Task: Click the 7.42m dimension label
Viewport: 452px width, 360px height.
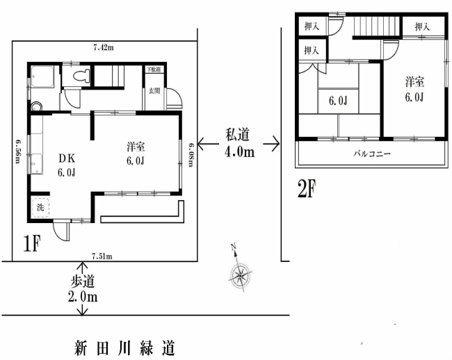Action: pos(104,47)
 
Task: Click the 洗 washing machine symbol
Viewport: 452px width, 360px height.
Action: pos(39,207)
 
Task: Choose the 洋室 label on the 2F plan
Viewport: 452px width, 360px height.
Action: pos(415,88)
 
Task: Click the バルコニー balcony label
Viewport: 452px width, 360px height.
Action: pos(373,153)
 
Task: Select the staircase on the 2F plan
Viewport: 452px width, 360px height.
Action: pos(375,28)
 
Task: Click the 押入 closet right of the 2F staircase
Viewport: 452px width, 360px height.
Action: pos(422,26)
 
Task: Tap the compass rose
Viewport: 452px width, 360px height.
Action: pos(241,273)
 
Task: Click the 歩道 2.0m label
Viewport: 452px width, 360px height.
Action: pos(83,291)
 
